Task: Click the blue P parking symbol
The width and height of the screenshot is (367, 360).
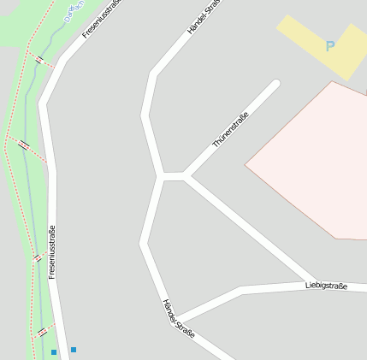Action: (330, 46)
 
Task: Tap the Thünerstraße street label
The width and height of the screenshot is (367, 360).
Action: (230, 130)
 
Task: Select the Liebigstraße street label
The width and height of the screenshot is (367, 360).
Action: (326, 286)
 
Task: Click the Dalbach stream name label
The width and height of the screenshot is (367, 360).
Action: (75, 10)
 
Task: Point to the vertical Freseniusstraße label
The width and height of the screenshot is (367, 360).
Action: (52, 251)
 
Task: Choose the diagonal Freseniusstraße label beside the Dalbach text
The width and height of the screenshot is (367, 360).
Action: (102, 19)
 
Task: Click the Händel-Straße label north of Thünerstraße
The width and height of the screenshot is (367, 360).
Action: (204, 17)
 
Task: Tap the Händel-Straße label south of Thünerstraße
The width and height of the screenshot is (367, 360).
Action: (179, 318)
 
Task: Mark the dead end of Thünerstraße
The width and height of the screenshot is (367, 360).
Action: (275, 84)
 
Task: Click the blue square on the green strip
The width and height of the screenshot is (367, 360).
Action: (54, 351)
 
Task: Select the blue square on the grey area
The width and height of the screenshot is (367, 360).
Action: (74, 349)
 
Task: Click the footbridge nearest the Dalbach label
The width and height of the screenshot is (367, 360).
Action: (39, 60)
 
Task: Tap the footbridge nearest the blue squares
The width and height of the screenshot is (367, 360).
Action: (42, 332)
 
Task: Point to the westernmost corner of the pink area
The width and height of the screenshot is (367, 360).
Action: (246, 163)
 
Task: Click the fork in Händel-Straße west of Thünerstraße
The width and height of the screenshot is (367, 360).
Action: (161, 177)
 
